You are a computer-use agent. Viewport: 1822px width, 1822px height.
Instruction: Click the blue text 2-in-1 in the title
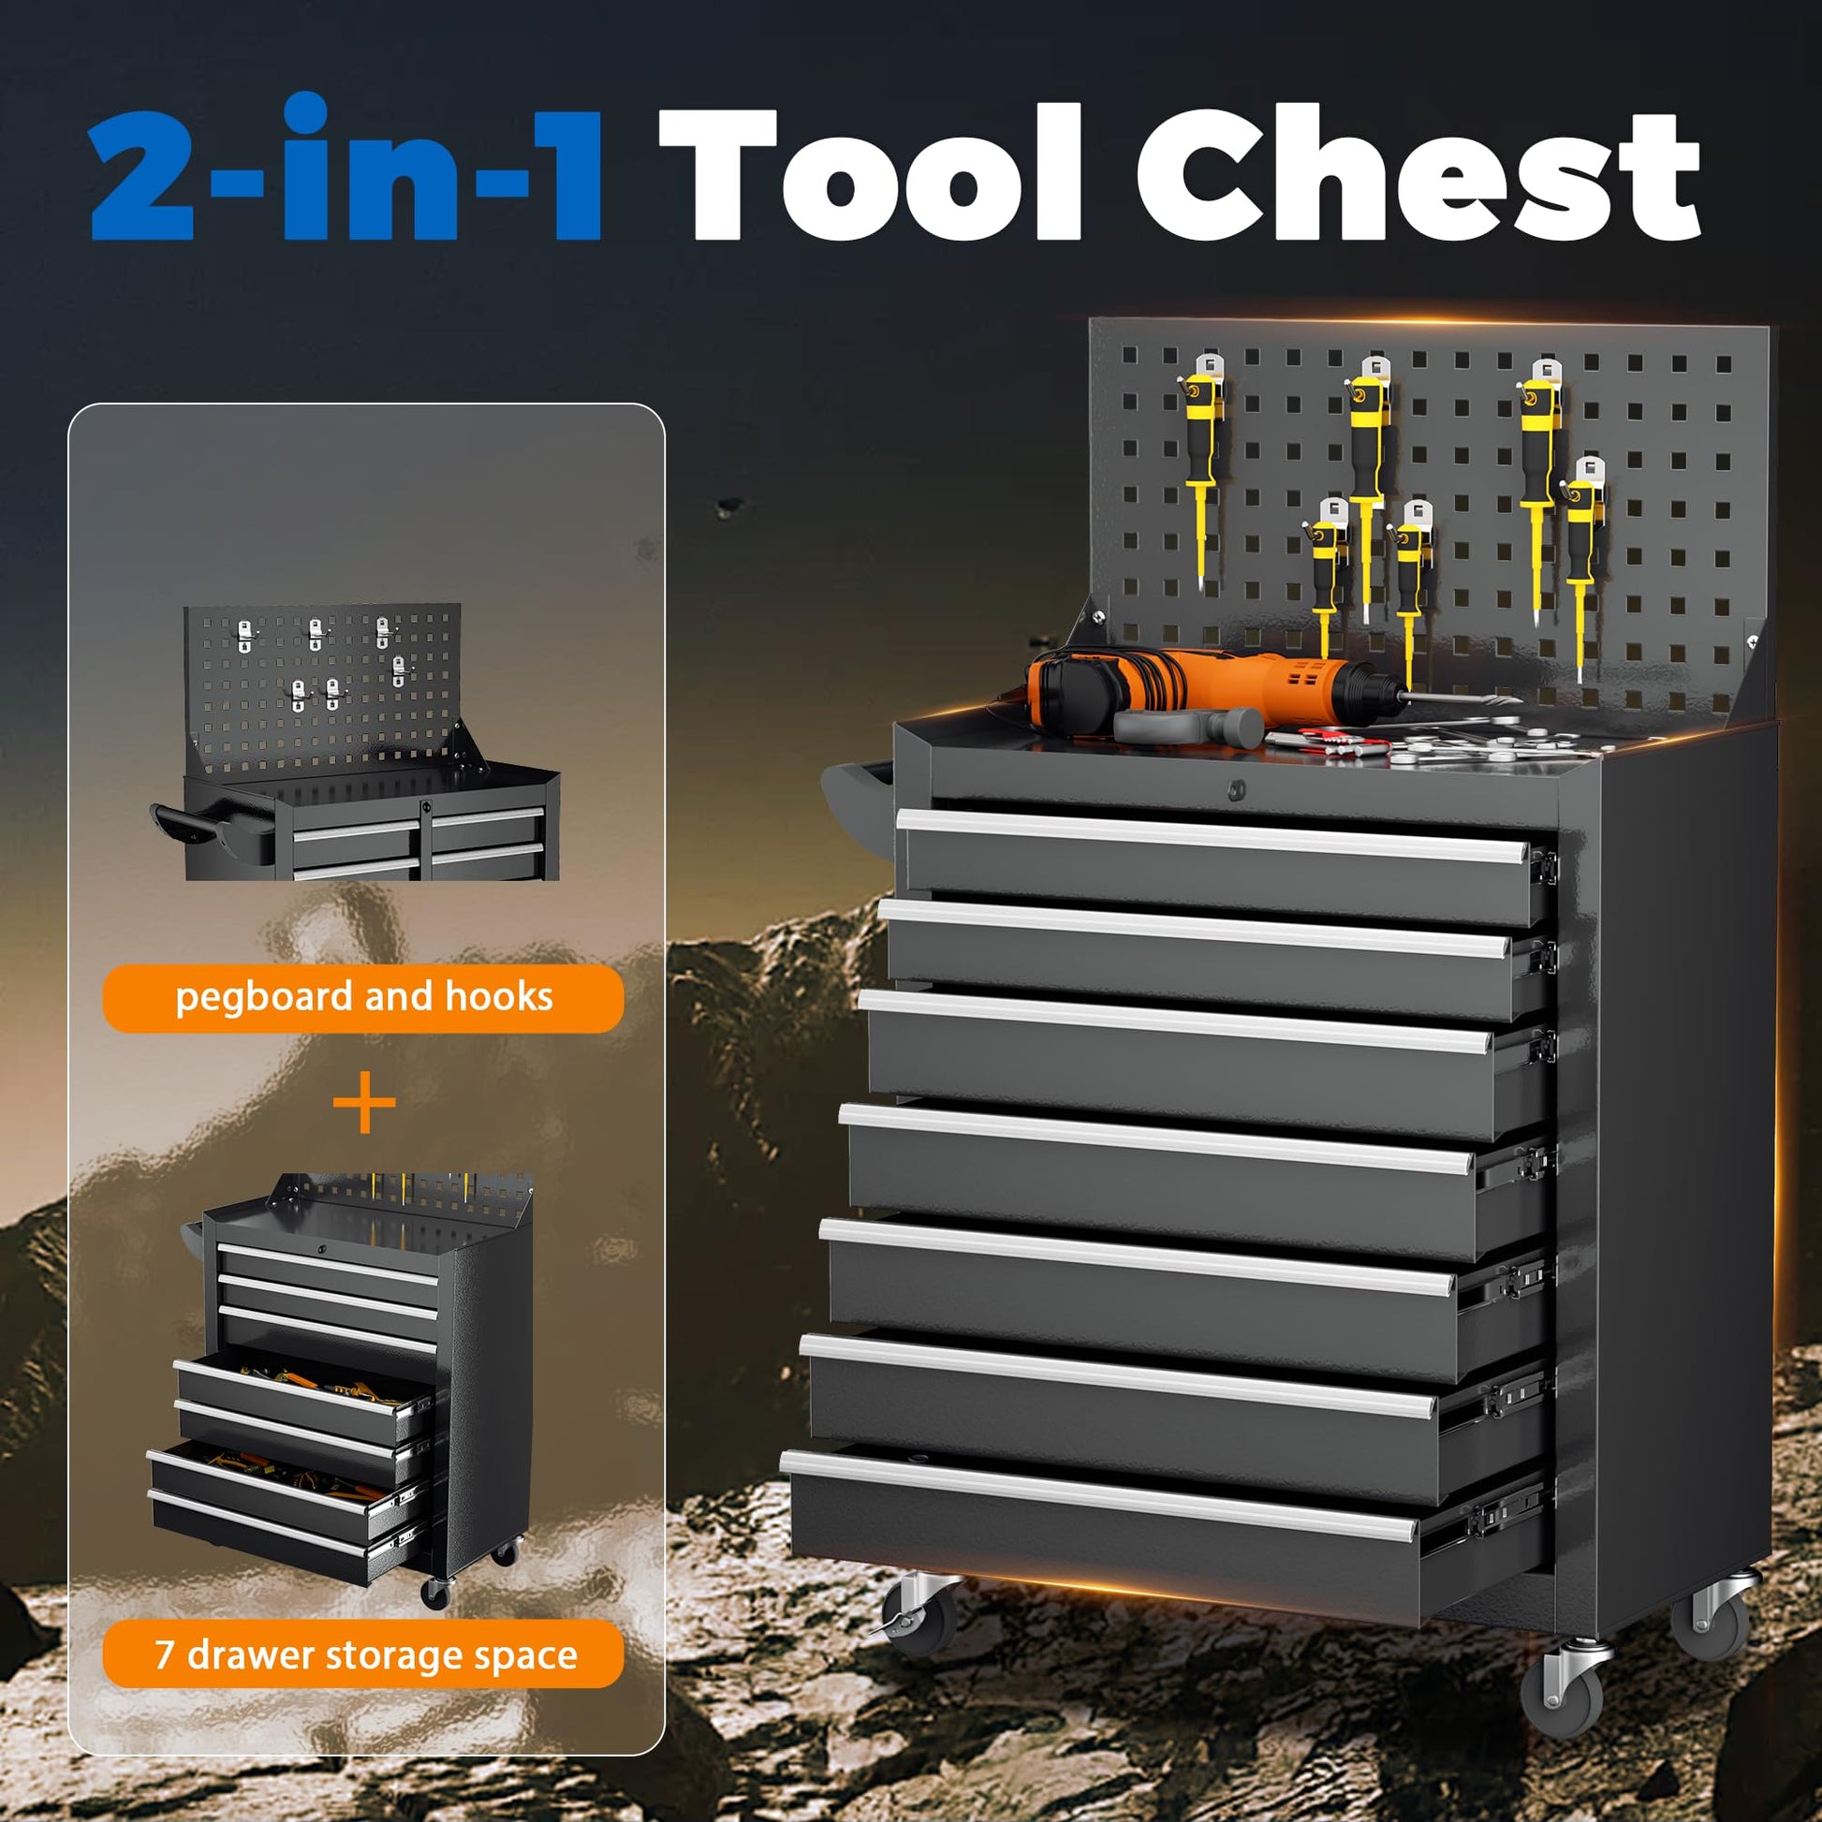345,167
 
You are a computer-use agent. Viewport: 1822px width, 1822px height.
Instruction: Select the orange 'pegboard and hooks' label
363,998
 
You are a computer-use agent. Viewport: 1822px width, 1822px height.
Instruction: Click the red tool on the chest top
1326,739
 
